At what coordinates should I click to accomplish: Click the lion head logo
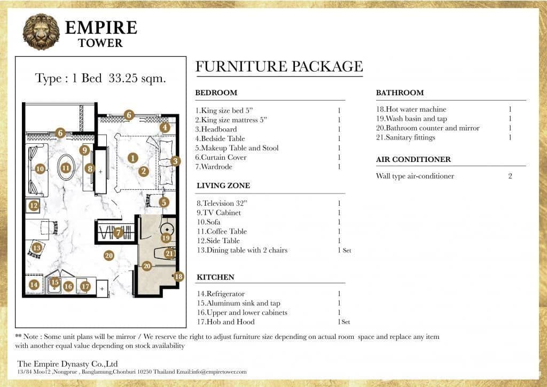coord(41,32)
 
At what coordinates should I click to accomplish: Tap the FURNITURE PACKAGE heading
coord(279,67)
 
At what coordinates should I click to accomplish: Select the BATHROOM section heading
coord(400,92)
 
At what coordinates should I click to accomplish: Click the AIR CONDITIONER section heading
coord(413,159)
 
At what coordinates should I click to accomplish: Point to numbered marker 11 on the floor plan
coord(66,168)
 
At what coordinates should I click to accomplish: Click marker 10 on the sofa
coord(40,168)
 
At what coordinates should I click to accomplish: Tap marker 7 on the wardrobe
coord(119,233)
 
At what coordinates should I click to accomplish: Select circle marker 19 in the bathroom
coord(166,237)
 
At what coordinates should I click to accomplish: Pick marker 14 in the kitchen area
coord(34,284)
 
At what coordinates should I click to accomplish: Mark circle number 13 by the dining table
coord(36,247)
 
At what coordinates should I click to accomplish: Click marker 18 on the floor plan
coord(178,276)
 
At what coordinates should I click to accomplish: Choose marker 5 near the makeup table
coord(163,202)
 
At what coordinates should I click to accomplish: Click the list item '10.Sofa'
coord(209,222)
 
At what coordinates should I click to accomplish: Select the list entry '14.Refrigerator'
coord(221,293)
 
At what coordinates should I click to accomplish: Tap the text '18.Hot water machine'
coord(411,110)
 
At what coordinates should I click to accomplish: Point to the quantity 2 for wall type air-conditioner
coord(510,176)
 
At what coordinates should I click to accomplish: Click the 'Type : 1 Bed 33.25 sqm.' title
coord(100,78)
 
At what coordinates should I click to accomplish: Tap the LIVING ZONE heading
coord(223,185)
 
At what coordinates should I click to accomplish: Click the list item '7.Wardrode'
coord(216,167)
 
